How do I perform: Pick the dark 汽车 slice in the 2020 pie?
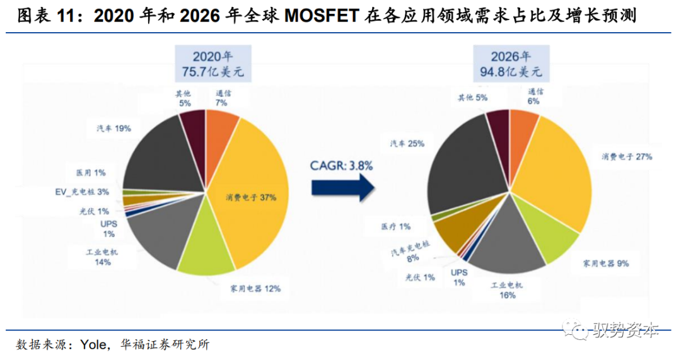tap(158, 154)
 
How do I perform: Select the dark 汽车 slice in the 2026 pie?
tap(463, 164)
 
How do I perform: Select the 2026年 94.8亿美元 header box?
tap(511, 62)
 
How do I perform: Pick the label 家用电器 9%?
tap(606, 262)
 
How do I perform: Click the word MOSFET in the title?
tap(321, 15)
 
